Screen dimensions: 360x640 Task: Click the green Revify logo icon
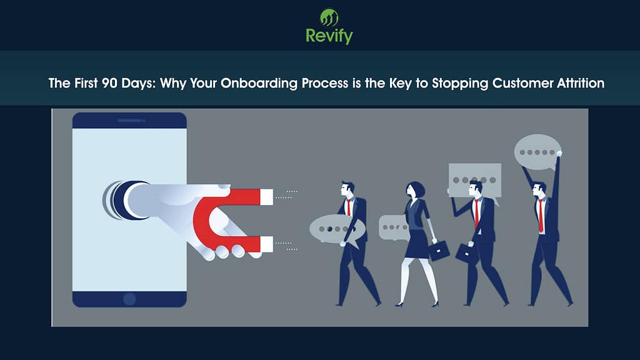329,17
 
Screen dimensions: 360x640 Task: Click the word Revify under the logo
329,36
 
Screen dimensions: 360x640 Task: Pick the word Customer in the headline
505,83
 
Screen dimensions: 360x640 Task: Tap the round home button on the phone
129,298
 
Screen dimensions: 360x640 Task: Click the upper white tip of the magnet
266,197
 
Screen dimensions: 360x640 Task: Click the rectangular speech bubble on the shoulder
475,179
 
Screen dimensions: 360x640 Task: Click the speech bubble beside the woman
394,227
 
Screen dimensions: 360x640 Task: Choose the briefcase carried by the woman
439,249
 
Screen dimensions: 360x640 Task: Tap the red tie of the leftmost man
349,207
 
